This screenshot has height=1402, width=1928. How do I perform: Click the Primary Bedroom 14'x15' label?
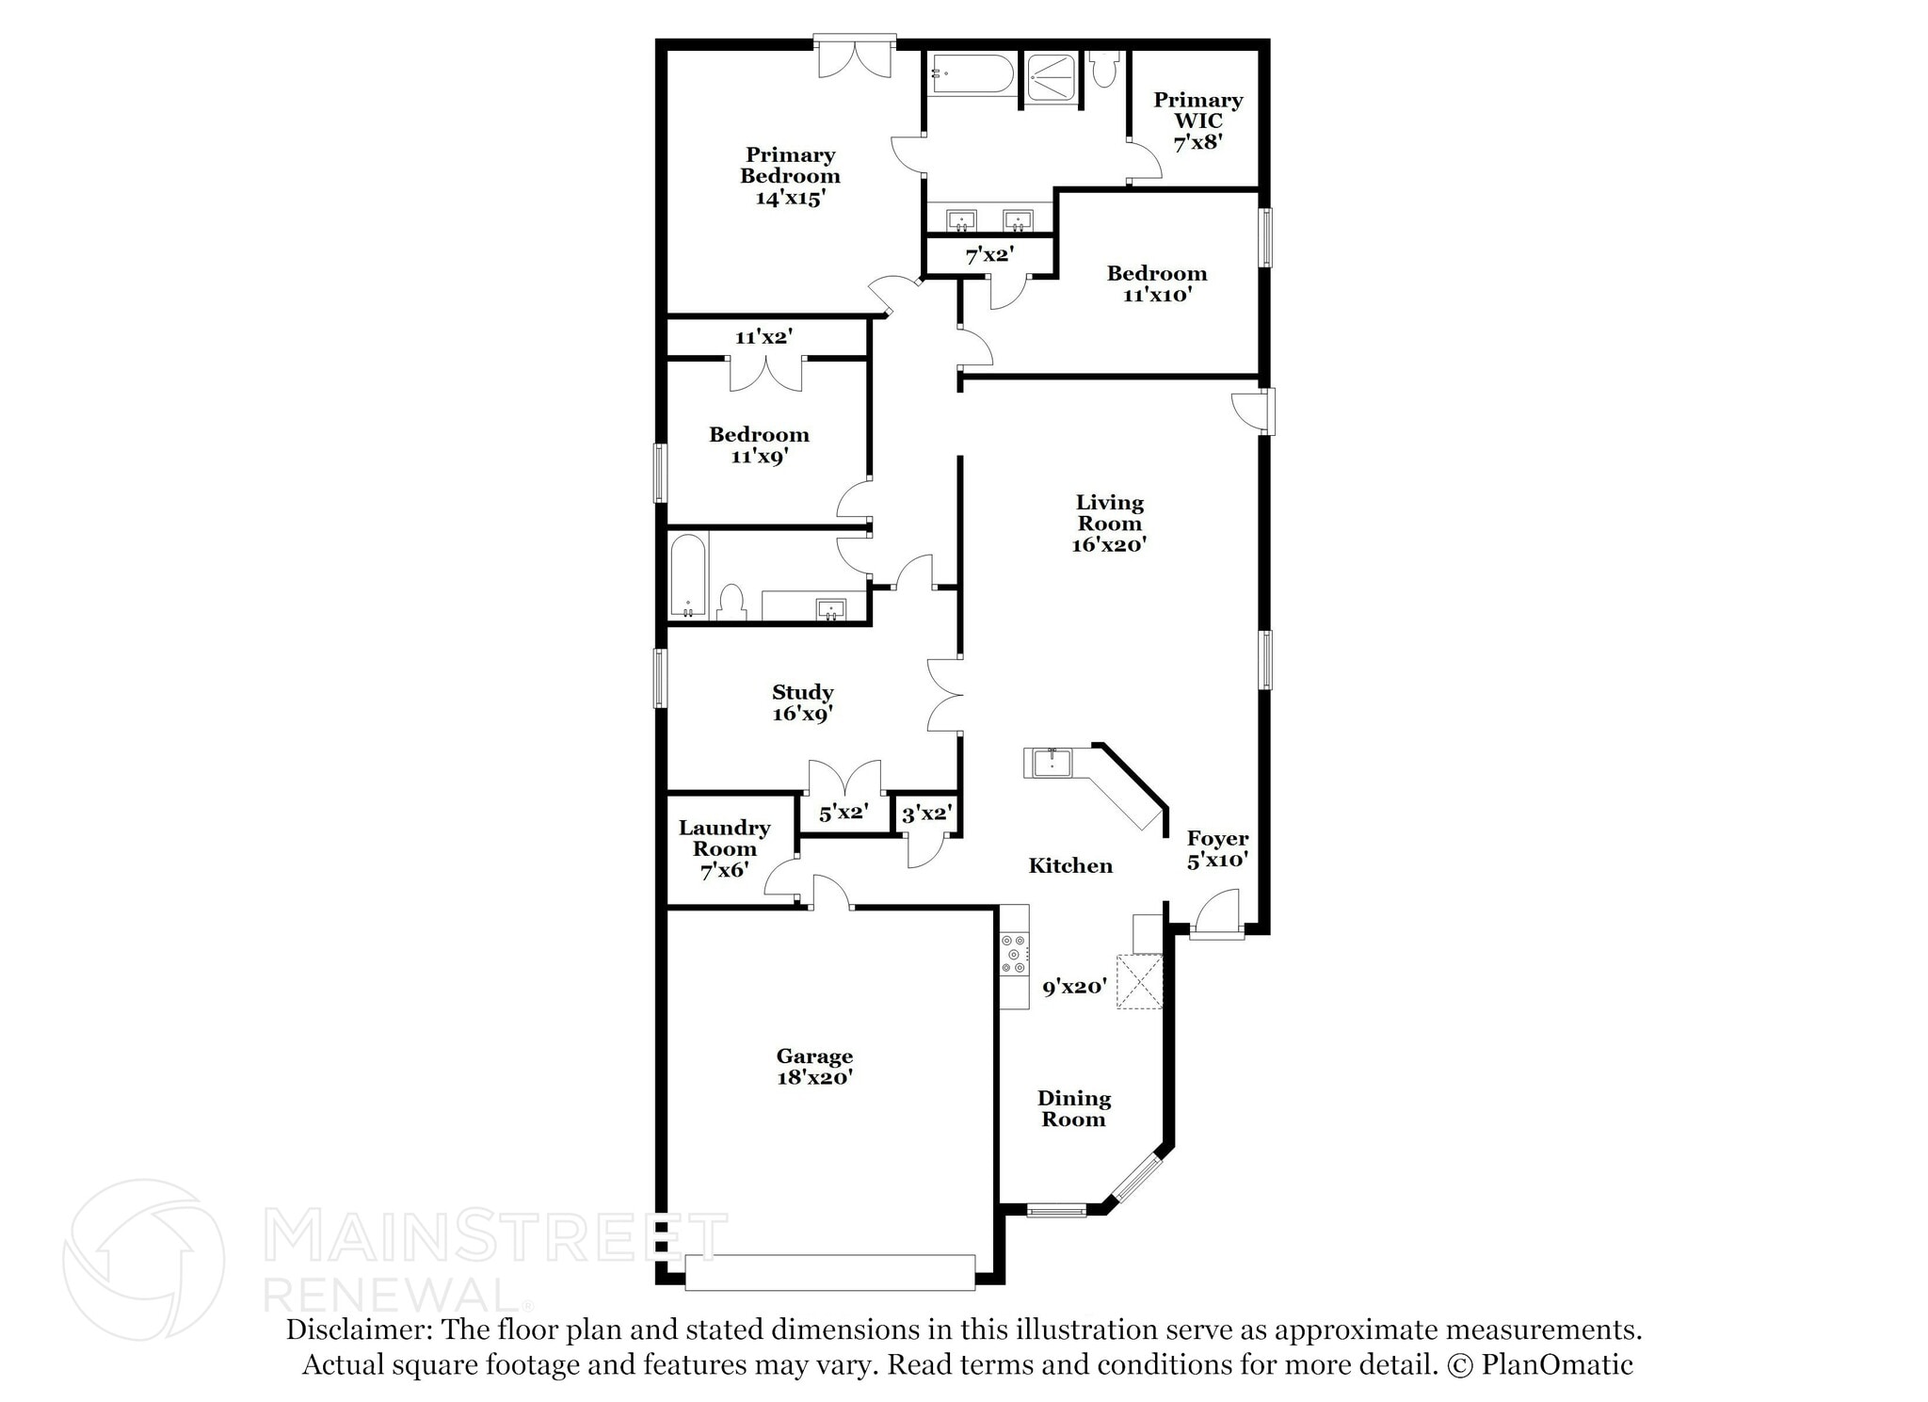[x=790, y=176]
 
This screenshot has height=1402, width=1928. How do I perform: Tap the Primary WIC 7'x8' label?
[x=1197, y=121]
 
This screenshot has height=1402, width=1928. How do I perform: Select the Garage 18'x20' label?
[x=814, y=1067]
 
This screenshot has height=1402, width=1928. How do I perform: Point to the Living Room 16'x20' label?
[x=1109, y=524]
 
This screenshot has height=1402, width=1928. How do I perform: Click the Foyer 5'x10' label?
[x=1217, y=848]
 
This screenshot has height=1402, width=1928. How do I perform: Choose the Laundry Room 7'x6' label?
[x=724, y=848]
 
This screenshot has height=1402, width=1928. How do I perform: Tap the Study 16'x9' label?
[x=802, y=702]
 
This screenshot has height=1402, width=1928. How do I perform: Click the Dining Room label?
[x=1073, y=1108]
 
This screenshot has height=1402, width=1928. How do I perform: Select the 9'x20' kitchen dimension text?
[x=1074, y=987]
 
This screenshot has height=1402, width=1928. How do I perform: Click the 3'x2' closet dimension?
[x=926, y=814]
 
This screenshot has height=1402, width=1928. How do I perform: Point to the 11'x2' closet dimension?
[x=763, y=336]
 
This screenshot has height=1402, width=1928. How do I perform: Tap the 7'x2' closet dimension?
[x=988, y=254]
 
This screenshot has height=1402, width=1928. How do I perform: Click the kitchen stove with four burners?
[x=1014, y=954]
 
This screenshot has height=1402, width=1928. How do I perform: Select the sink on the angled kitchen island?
[x=1051, y=762]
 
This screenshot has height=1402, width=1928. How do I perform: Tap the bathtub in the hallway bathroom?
[x=687, y=575]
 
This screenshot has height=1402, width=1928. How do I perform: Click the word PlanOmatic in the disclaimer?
[x=1557, y=1364]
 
